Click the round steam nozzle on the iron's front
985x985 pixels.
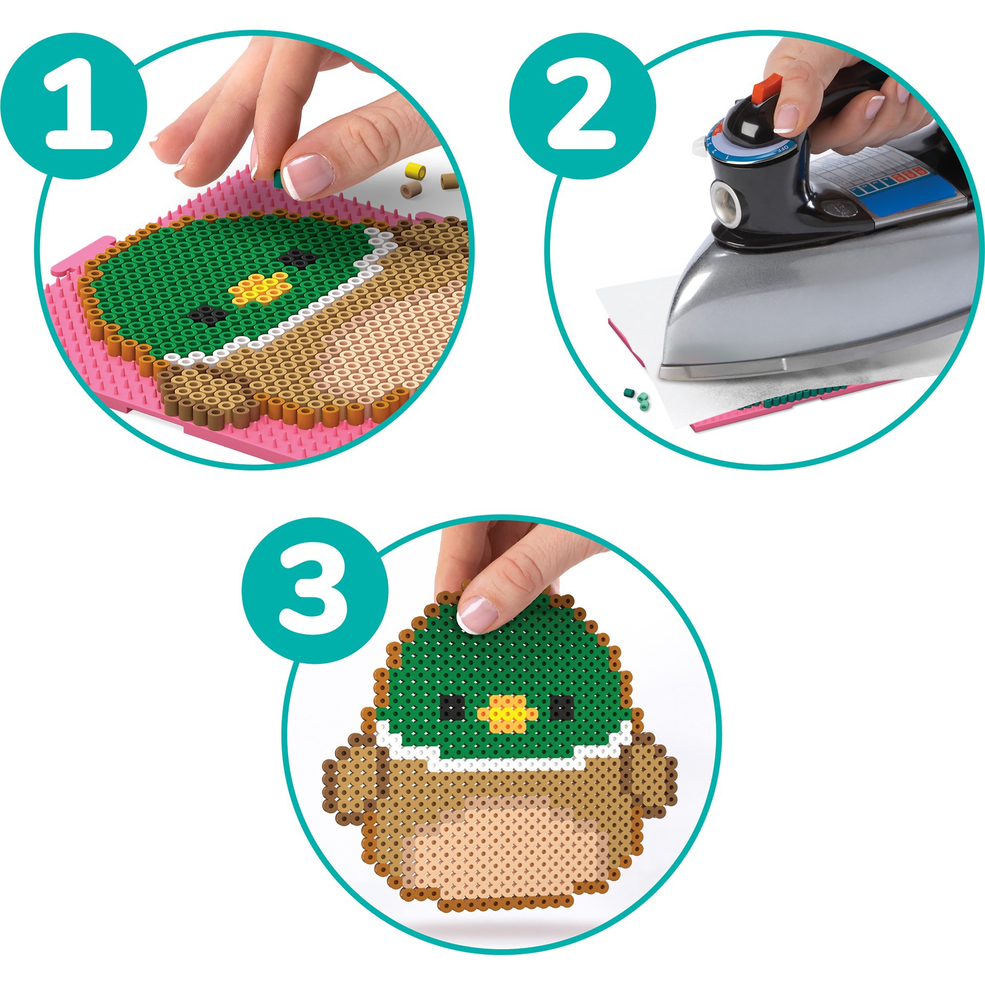[724, 198]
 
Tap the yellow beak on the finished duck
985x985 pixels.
[507, 714]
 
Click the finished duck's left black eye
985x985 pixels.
[451, 707]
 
